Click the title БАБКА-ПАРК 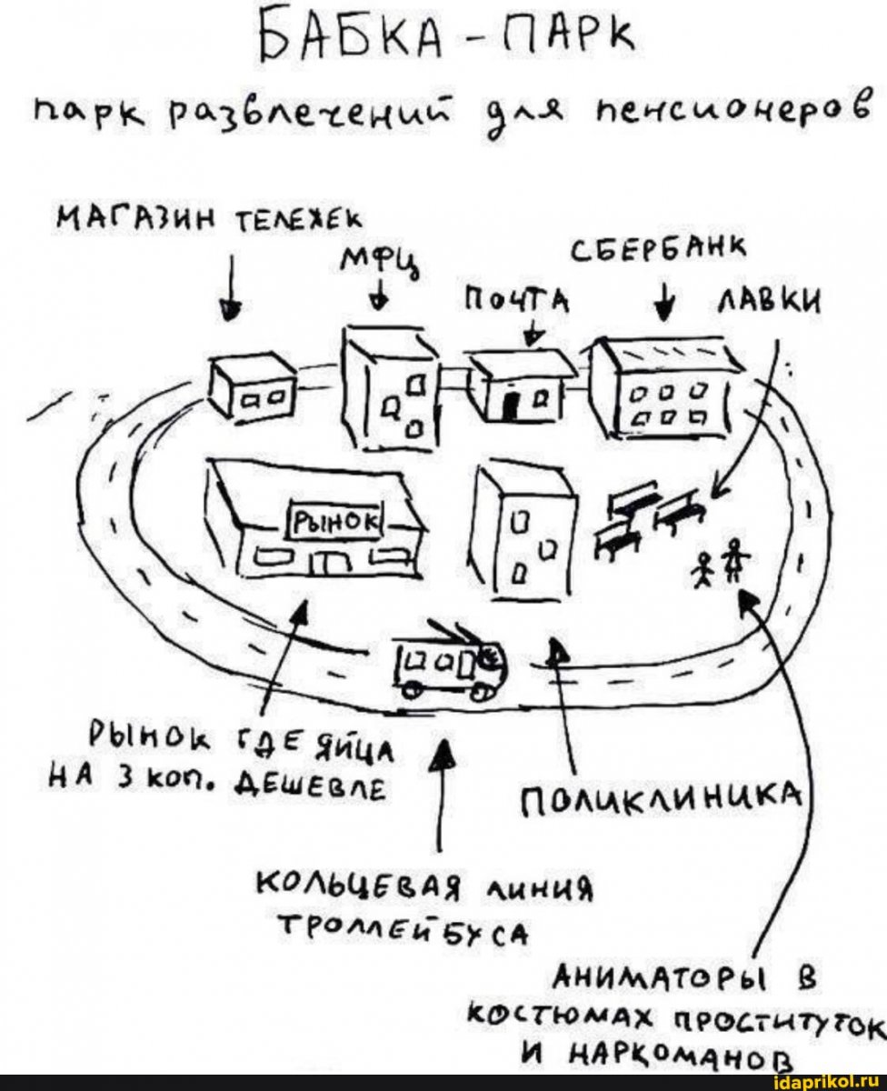pos(447,38)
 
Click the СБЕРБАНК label pos(658,252)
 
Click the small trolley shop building pos(252,386)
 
